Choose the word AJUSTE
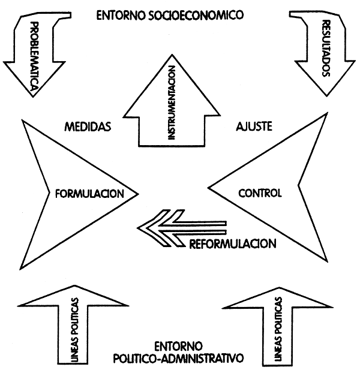coord(255,127)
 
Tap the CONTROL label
coord(260,193)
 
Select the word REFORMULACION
coord(233,244)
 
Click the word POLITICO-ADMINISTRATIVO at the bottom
coord(179,359)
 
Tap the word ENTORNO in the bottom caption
coord(178,347)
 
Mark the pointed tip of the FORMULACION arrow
coord(139,193)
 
